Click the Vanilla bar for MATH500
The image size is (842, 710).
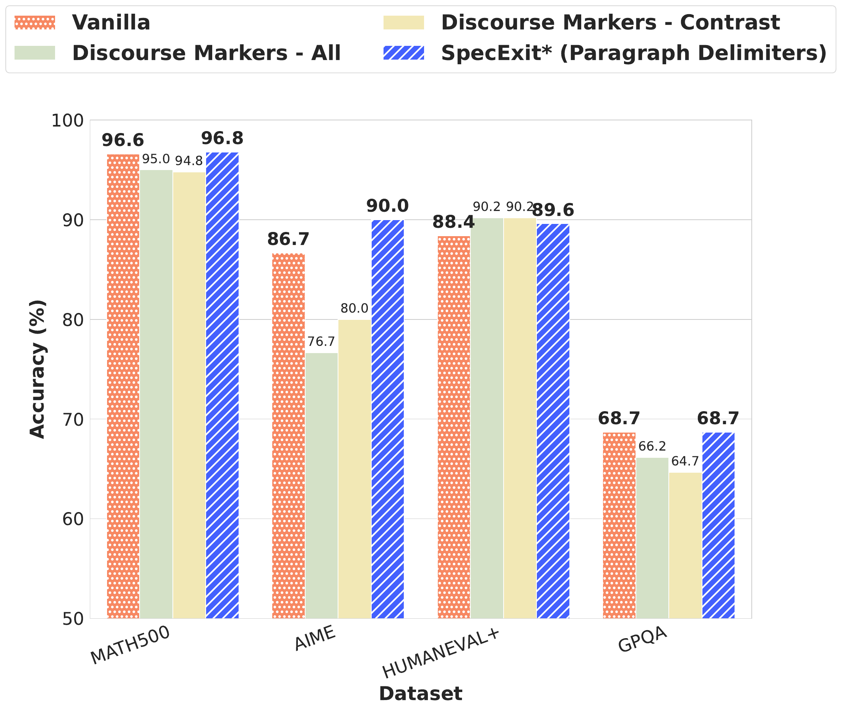123,386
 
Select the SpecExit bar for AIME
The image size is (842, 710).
387,418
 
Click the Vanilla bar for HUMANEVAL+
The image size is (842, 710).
454,426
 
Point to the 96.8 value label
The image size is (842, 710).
222,138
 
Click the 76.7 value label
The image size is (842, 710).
321,342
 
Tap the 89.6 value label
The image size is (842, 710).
553,210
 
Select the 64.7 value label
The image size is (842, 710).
685,461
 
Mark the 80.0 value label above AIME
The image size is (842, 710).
354,308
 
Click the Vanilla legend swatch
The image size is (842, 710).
35,23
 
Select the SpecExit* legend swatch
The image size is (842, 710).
404,53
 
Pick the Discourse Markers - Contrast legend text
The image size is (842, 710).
610,23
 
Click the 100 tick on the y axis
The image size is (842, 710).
67,120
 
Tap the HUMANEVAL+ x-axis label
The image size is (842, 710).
441,653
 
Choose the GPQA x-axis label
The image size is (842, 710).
643,640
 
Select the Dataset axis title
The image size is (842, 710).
420,694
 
